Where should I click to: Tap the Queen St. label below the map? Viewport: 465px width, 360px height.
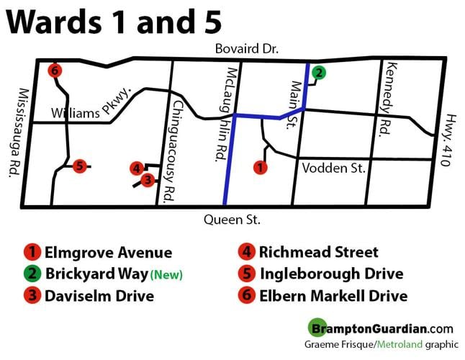click(x=232, y=220)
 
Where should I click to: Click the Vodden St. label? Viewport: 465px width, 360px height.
click(x=334, y=168)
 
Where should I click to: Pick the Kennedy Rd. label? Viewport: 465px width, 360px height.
click(x=394, y=96)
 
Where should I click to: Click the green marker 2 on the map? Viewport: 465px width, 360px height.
click(x=318, y=72)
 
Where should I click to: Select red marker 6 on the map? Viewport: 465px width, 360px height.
click(x=54, y=71)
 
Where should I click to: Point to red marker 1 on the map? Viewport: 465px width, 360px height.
click(x=261, y=168)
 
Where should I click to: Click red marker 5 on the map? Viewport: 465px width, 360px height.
click(x=79, y=166)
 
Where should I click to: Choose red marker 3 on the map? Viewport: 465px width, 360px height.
click(x=148, y=180)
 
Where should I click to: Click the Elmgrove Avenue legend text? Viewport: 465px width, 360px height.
click(x=108, y=253)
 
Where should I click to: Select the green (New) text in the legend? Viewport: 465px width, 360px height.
click(x=166, y=275)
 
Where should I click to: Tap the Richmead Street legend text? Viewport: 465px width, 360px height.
click(x=318, y=253)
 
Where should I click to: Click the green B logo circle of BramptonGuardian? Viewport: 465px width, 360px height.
click(x=316, y=327)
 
